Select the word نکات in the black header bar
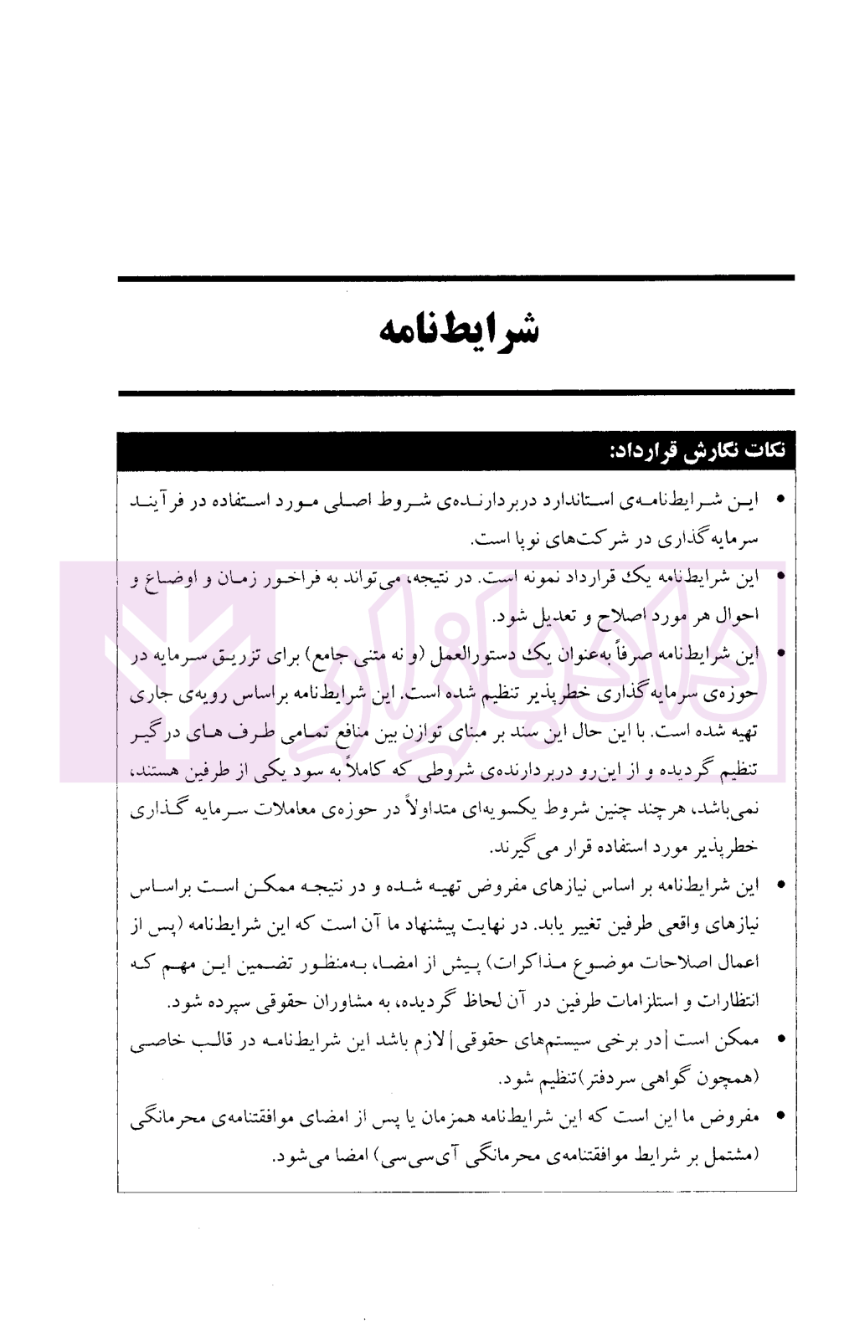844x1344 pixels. [x=764, y=451]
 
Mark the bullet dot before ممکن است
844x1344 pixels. [x=780, y=1040]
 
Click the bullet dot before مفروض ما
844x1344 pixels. [x=780, y=1117]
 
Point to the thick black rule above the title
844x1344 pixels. [x=456, y=278]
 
